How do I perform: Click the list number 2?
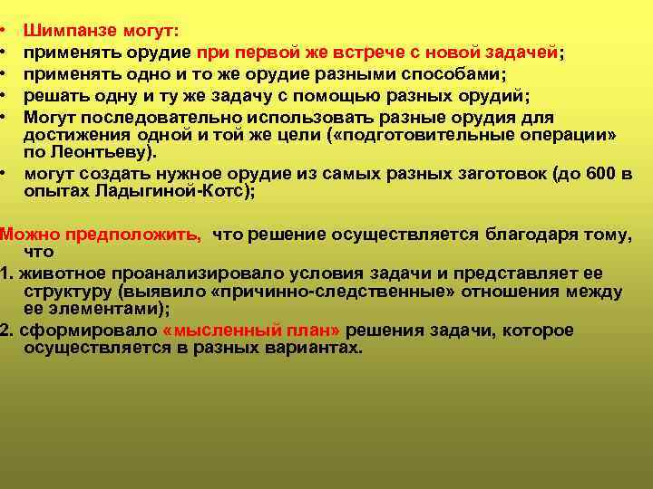pyautogui.click(x=5, y=330)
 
